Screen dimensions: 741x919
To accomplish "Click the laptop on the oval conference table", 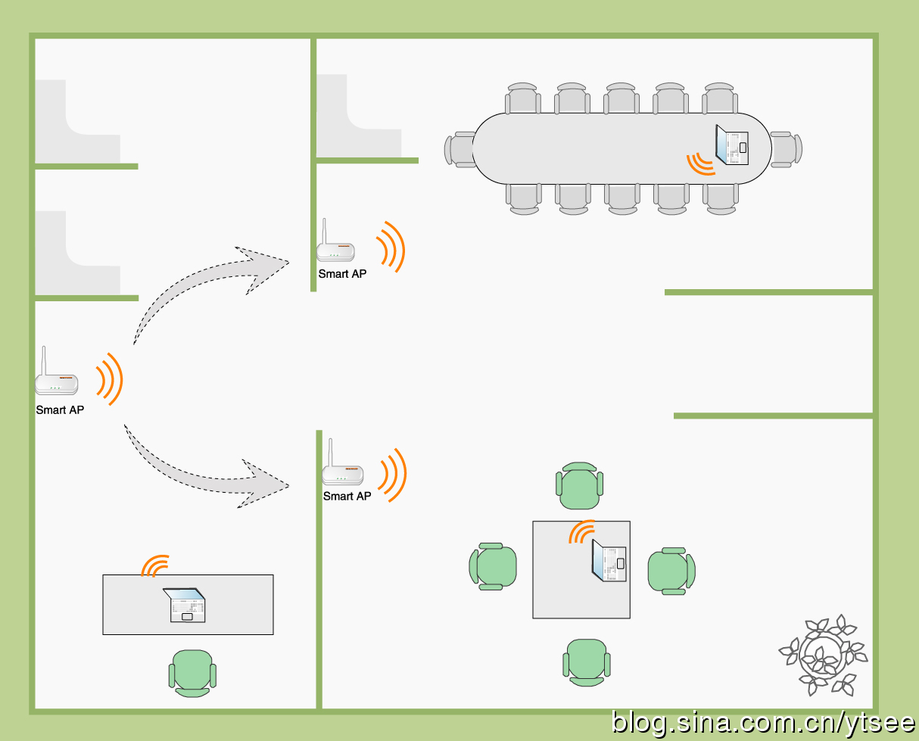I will tap(732, 145).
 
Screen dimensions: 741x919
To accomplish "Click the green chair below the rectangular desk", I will tap(192, 672).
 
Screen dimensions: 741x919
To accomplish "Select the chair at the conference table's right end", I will tap(787, 149).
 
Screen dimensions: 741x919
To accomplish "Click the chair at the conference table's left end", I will tap(459, 149).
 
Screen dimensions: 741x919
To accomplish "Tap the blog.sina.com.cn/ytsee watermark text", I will tap(764, 723).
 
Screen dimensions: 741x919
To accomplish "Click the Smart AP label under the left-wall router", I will tap(60, 410).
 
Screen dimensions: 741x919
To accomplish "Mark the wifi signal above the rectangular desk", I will tap(155, 565).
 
